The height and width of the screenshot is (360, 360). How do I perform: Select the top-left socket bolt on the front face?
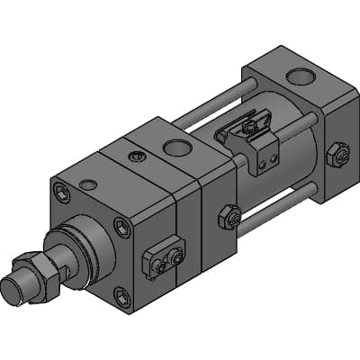60,191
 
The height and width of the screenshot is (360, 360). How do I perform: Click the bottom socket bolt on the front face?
121,293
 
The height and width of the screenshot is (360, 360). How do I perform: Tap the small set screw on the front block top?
136,157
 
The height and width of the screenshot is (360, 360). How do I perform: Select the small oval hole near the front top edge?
88,184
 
